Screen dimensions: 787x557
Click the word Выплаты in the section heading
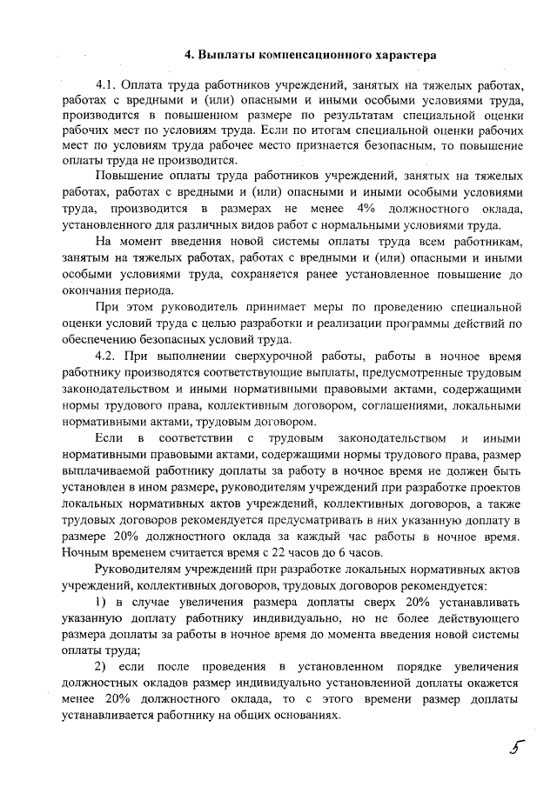click(225, 55)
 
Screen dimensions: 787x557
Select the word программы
click(379, 324)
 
